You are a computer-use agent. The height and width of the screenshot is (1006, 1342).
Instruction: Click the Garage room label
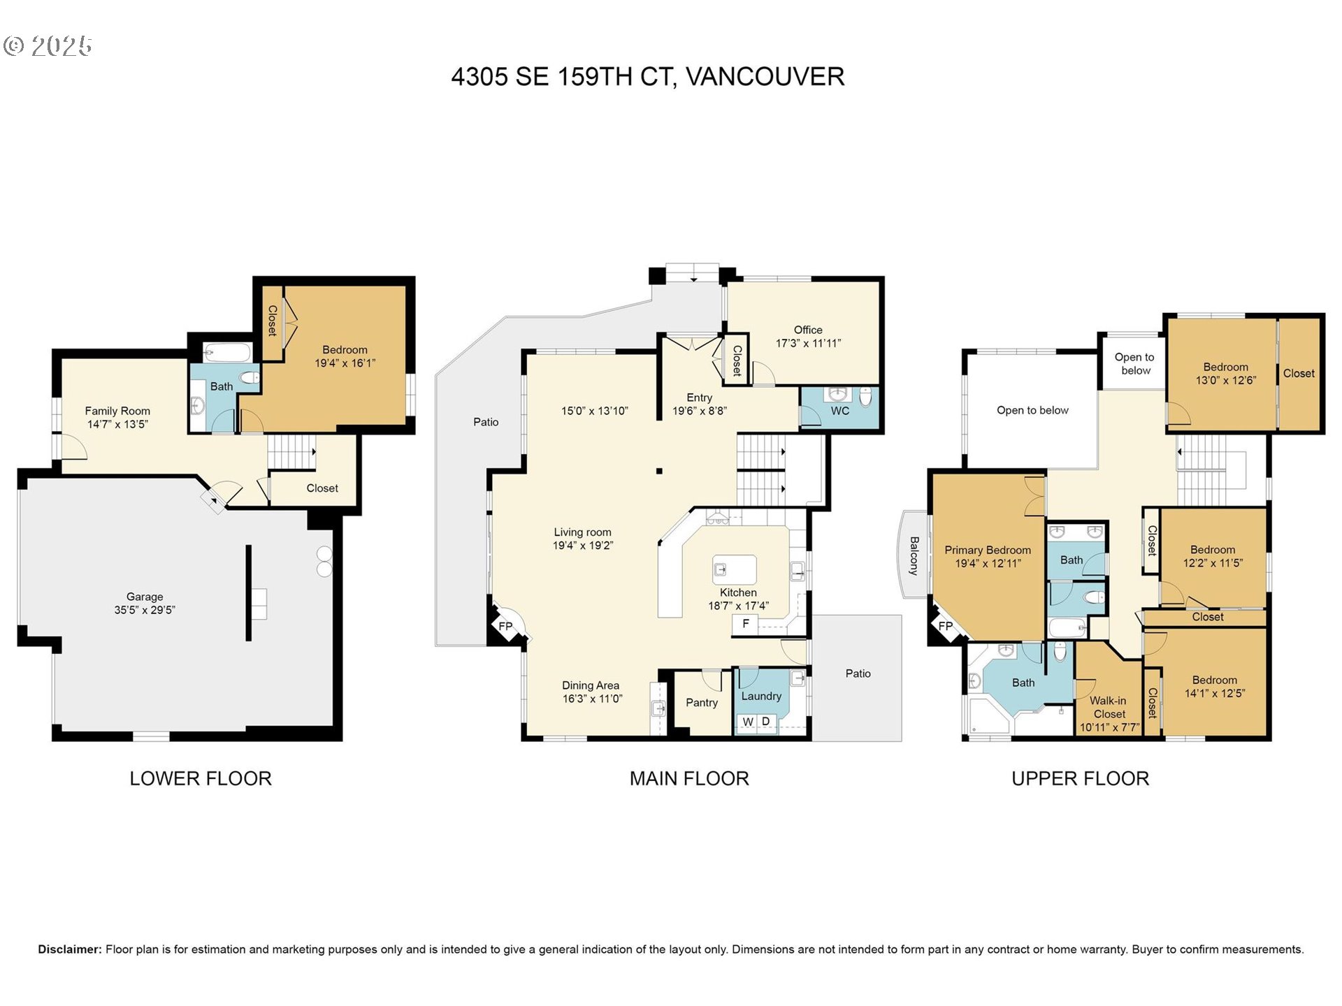click(145, 597)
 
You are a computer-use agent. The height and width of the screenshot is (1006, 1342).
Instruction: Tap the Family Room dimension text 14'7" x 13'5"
click(117, 424)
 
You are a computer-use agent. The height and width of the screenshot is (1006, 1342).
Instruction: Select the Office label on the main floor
click(808, 330)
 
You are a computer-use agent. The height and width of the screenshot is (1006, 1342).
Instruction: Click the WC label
click(840, 411)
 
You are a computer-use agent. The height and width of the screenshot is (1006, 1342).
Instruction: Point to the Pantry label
click(702, 703)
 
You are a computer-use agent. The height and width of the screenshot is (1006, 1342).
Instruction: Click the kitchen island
click(735, 569)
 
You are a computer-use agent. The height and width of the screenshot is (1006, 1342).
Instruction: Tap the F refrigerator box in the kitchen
click(745, 624)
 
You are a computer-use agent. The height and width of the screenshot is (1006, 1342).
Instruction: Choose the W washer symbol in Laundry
click(748, 722)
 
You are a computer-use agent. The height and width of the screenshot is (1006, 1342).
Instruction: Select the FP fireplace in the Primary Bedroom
click(945, 626)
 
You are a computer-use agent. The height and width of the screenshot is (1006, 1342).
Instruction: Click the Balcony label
click(914, 555)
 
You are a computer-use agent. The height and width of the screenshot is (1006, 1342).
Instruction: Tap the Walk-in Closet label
click(1109, 707)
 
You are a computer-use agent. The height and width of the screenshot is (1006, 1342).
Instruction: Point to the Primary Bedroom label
click(988, 550)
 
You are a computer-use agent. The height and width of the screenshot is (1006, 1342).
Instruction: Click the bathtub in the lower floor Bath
click(226, 353)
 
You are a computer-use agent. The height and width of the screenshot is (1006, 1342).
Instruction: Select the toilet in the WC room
click(866, 397)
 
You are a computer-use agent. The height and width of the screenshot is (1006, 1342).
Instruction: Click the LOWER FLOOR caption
click(201, 778)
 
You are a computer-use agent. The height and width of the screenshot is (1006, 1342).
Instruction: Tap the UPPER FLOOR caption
click(1080, 778)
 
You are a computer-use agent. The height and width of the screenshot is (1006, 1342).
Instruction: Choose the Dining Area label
click(591, 685)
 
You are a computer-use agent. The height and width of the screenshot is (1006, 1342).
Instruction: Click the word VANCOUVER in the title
click(765, 76)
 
